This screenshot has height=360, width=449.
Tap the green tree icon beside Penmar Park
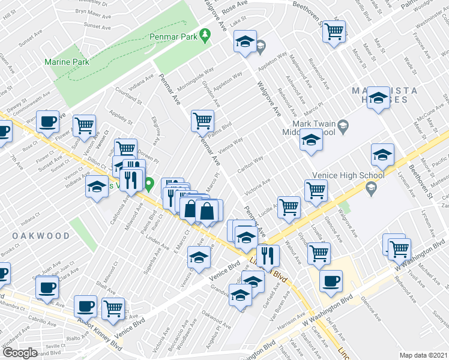(x=205, y=36)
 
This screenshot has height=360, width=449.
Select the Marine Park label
(x=67, y=62)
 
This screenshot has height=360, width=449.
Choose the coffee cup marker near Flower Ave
(x=47, y=121)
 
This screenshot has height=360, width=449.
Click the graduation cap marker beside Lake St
(x=245, y=41)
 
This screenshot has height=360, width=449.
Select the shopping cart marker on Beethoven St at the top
(x=334, y=31)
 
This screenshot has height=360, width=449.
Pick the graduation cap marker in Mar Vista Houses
(x=379, y=98)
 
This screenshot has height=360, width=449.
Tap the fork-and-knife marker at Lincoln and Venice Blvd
(x=268, y=256)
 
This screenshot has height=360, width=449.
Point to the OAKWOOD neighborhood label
(x=41, y=236)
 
